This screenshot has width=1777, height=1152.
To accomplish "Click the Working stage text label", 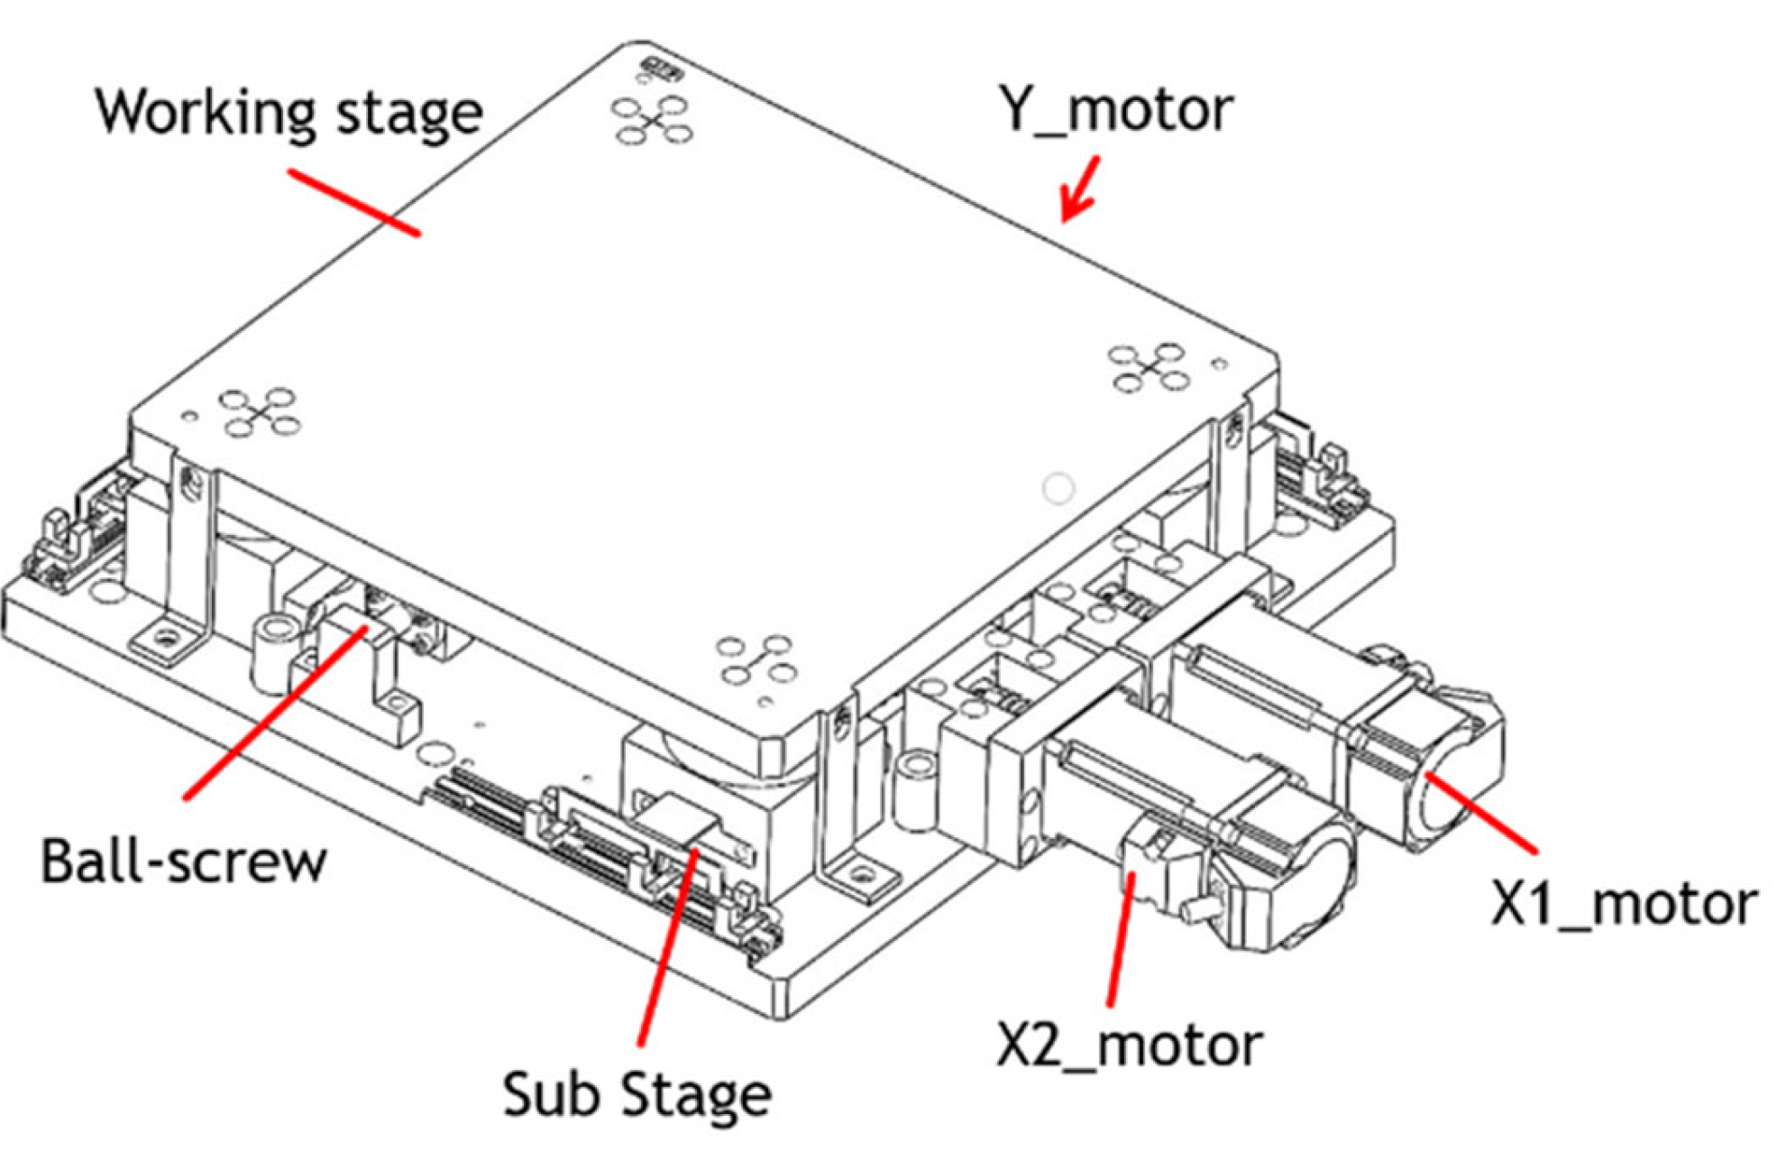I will (x=289, y=113).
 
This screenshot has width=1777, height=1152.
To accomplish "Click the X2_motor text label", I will (x=1129, y=1046).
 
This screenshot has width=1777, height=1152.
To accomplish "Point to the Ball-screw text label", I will (x=183, y=862).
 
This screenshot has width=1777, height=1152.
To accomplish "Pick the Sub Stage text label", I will (x=637, y=1094).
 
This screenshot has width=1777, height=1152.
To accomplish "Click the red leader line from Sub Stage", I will (x=667, y=947).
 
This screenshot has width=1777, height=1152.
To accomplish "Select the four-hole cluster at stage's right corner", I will (x=1148, y=367).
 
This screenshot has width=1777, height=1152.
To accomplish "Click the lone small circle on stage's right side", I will (x=1058, y=488).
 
